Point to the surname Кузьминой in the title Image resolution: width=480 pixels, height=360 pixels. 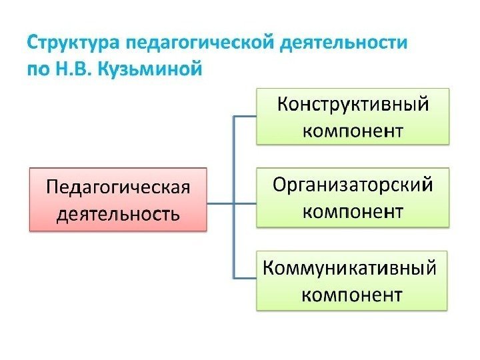click(148, 69)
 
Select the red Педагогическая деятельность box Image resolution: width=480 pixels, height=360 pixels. click(118, 199)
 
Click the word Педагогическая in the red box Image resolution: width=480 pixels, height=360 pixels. click(118, 186)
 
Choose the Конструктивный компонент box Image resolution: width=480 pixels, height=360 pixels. click(353, 115)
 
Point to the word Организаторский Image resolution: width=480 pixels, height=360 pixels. click(353, 184)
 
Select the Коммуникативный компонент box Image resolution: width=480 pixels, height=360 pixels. click(353, 280)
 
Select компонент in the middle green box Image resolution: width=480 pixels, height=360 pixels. click(353, 211)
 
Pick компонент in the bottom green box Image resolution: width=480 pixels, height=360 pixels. click(353, 294)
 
